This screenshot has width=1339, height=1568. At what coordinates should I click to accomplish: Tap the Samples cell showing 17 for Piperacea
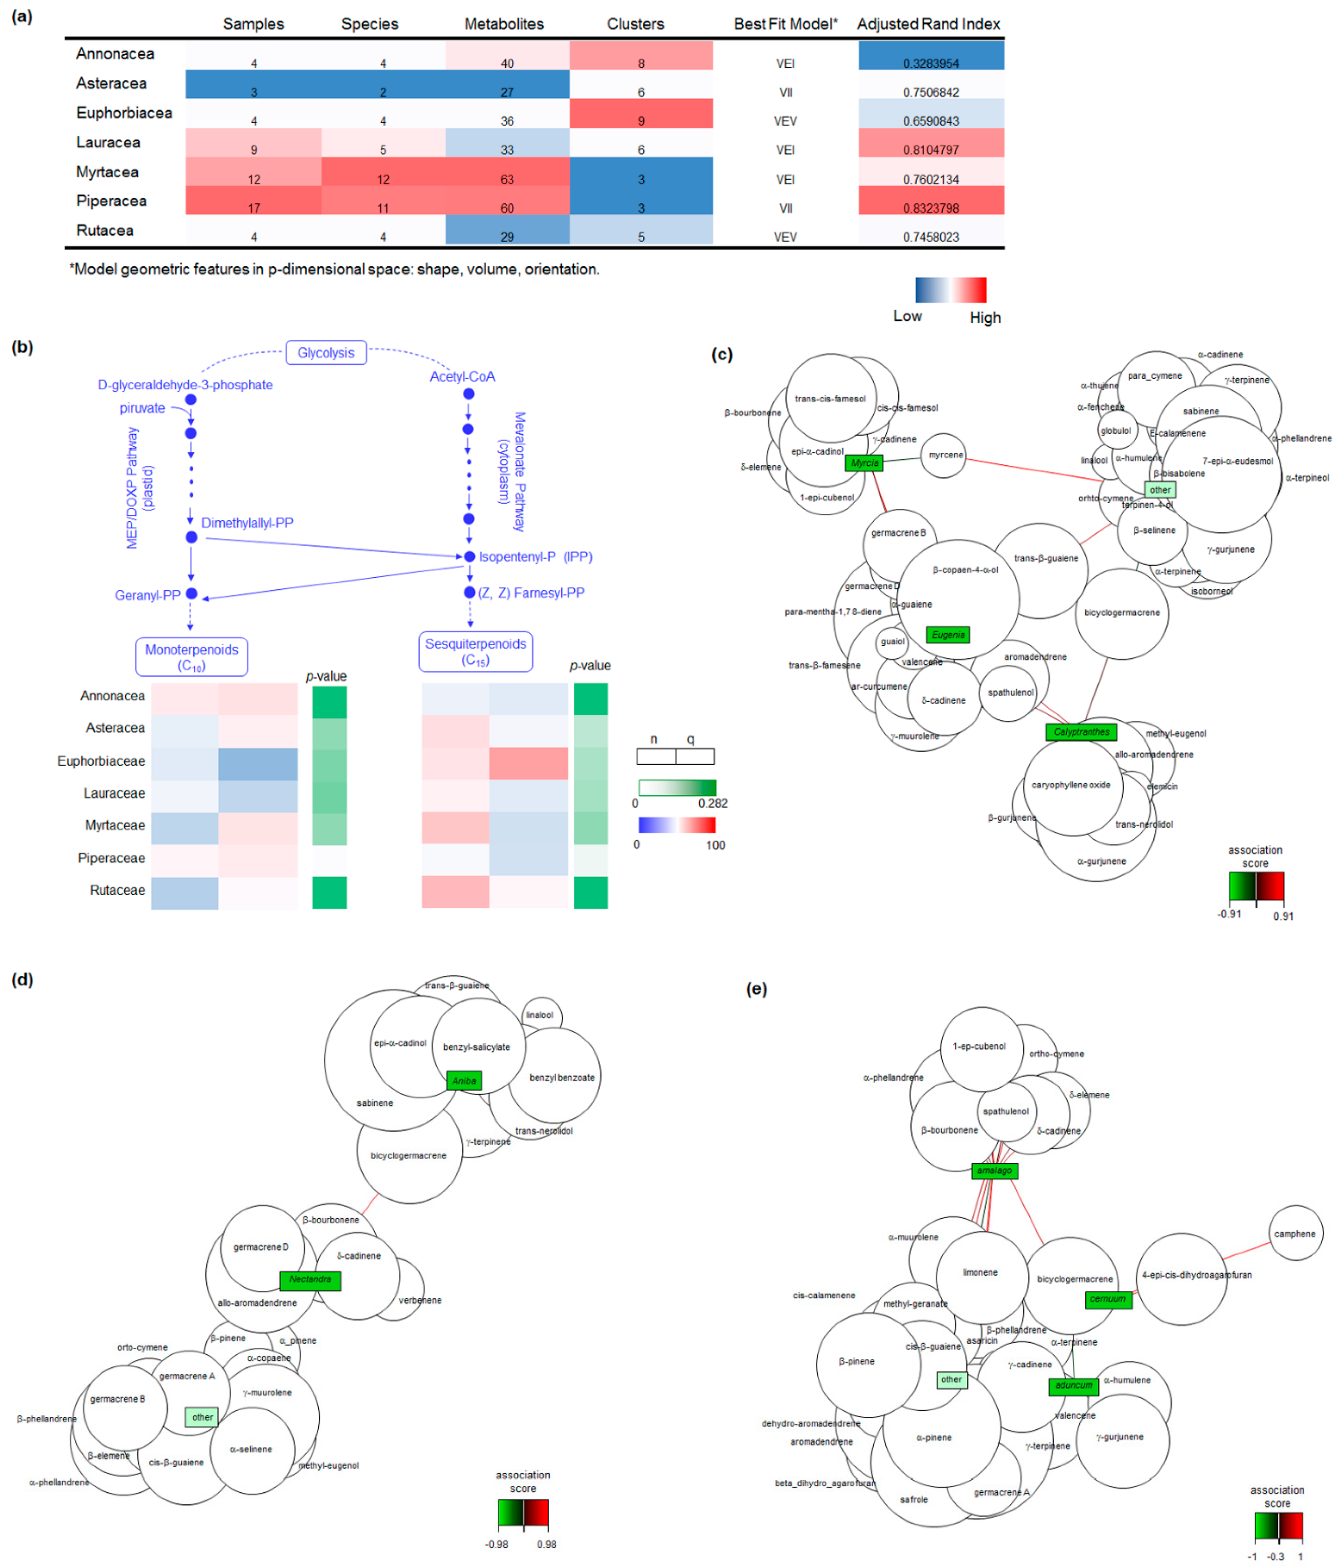tap(254, 208)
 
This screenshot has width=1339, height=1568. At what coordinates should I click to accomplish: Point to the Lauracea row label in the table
tap(108, 142)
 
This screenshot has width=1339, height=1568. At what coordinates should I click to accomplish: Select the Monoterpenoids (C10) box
tap(191, 656)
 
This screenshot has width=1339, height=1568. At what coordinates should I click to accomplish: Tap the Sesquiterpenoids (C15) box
tap(475, 651)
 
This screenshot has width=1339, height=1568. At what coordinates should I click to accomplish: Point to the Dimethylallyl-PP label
tap(247, 523)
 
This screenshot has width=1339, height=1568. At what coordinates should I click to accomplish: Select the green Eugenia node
tap(948, 634)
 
